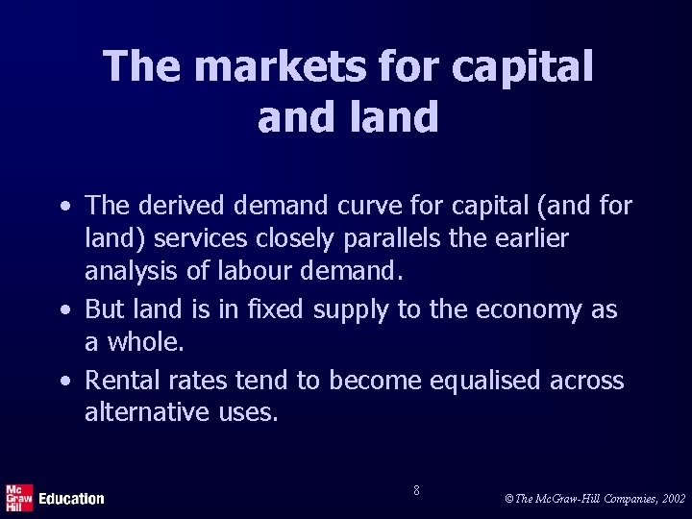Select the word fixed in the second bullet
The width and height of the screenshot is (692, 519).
point(269,311)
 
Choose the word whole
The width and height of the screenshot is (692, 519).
point(140,342)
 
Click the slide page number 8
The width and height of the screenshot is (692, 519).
point(415,490)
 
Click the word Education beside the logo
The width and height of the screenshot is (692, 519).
point(71,498)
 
